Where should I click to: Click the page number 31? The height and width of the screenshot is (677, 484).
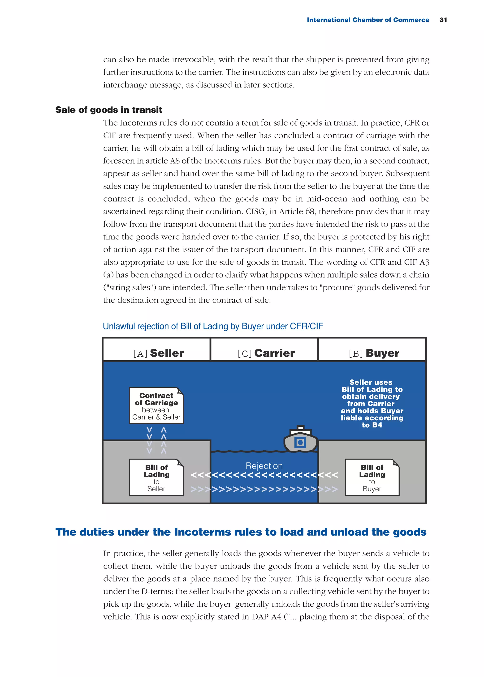click(443, 20)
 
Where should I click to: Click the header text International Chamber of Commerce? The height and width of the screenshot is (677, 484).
click(368, 20)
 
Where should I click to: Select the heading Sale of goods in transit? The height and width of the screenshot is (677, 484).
click(109, 110)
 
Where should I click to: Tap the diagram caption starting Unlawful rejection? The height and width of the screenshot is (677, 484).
click(213, 326)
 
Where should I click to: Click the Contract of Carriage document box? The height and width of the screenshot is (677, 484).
click(156, 405)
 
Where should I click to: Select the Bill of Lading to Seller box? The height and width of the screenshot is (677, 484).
click(156, 477)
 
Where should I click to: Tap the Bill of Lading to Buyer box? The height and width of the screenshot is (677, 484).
click(372, 477)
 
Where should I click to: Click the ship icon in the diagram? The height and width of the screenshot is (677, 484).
click(300, 439)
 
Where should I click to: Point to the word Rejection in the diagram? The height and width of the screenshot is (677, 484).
click(264, 466)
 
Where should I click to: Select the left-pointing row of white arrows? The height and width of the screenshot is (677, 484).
click(264, 475)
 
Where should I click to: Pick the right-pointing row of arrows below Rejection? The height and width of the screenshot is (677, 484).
click(264, 489)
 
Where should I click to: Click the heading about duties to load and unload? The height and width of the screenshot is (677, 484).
click(241, 532)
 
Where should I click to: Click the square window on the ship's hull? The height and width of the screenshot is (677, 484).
click(300, 443)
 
